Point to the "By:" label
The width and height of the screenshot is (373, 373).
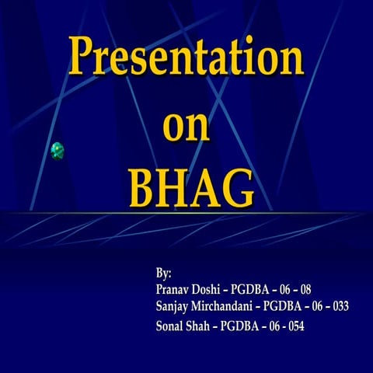coord(163,274)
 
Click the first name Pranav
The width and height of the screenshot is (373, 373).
coord(173,289)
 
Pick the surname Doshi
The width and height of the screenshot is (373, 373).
coord(207,289)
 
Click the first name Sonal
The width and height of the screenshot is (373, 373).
coord(171,326)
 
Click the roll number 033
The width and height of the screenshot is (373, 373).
coord(339,306)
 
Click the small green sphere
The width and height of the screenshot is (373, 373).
coord(58,150)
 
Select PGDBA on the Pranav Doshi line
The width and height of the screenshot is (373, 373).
coord(251,289)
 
